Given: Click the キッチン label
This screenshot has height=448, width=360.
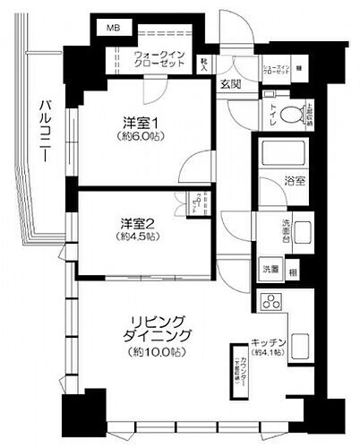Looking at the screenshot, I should pyautogui.click(x=268, y=343).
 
